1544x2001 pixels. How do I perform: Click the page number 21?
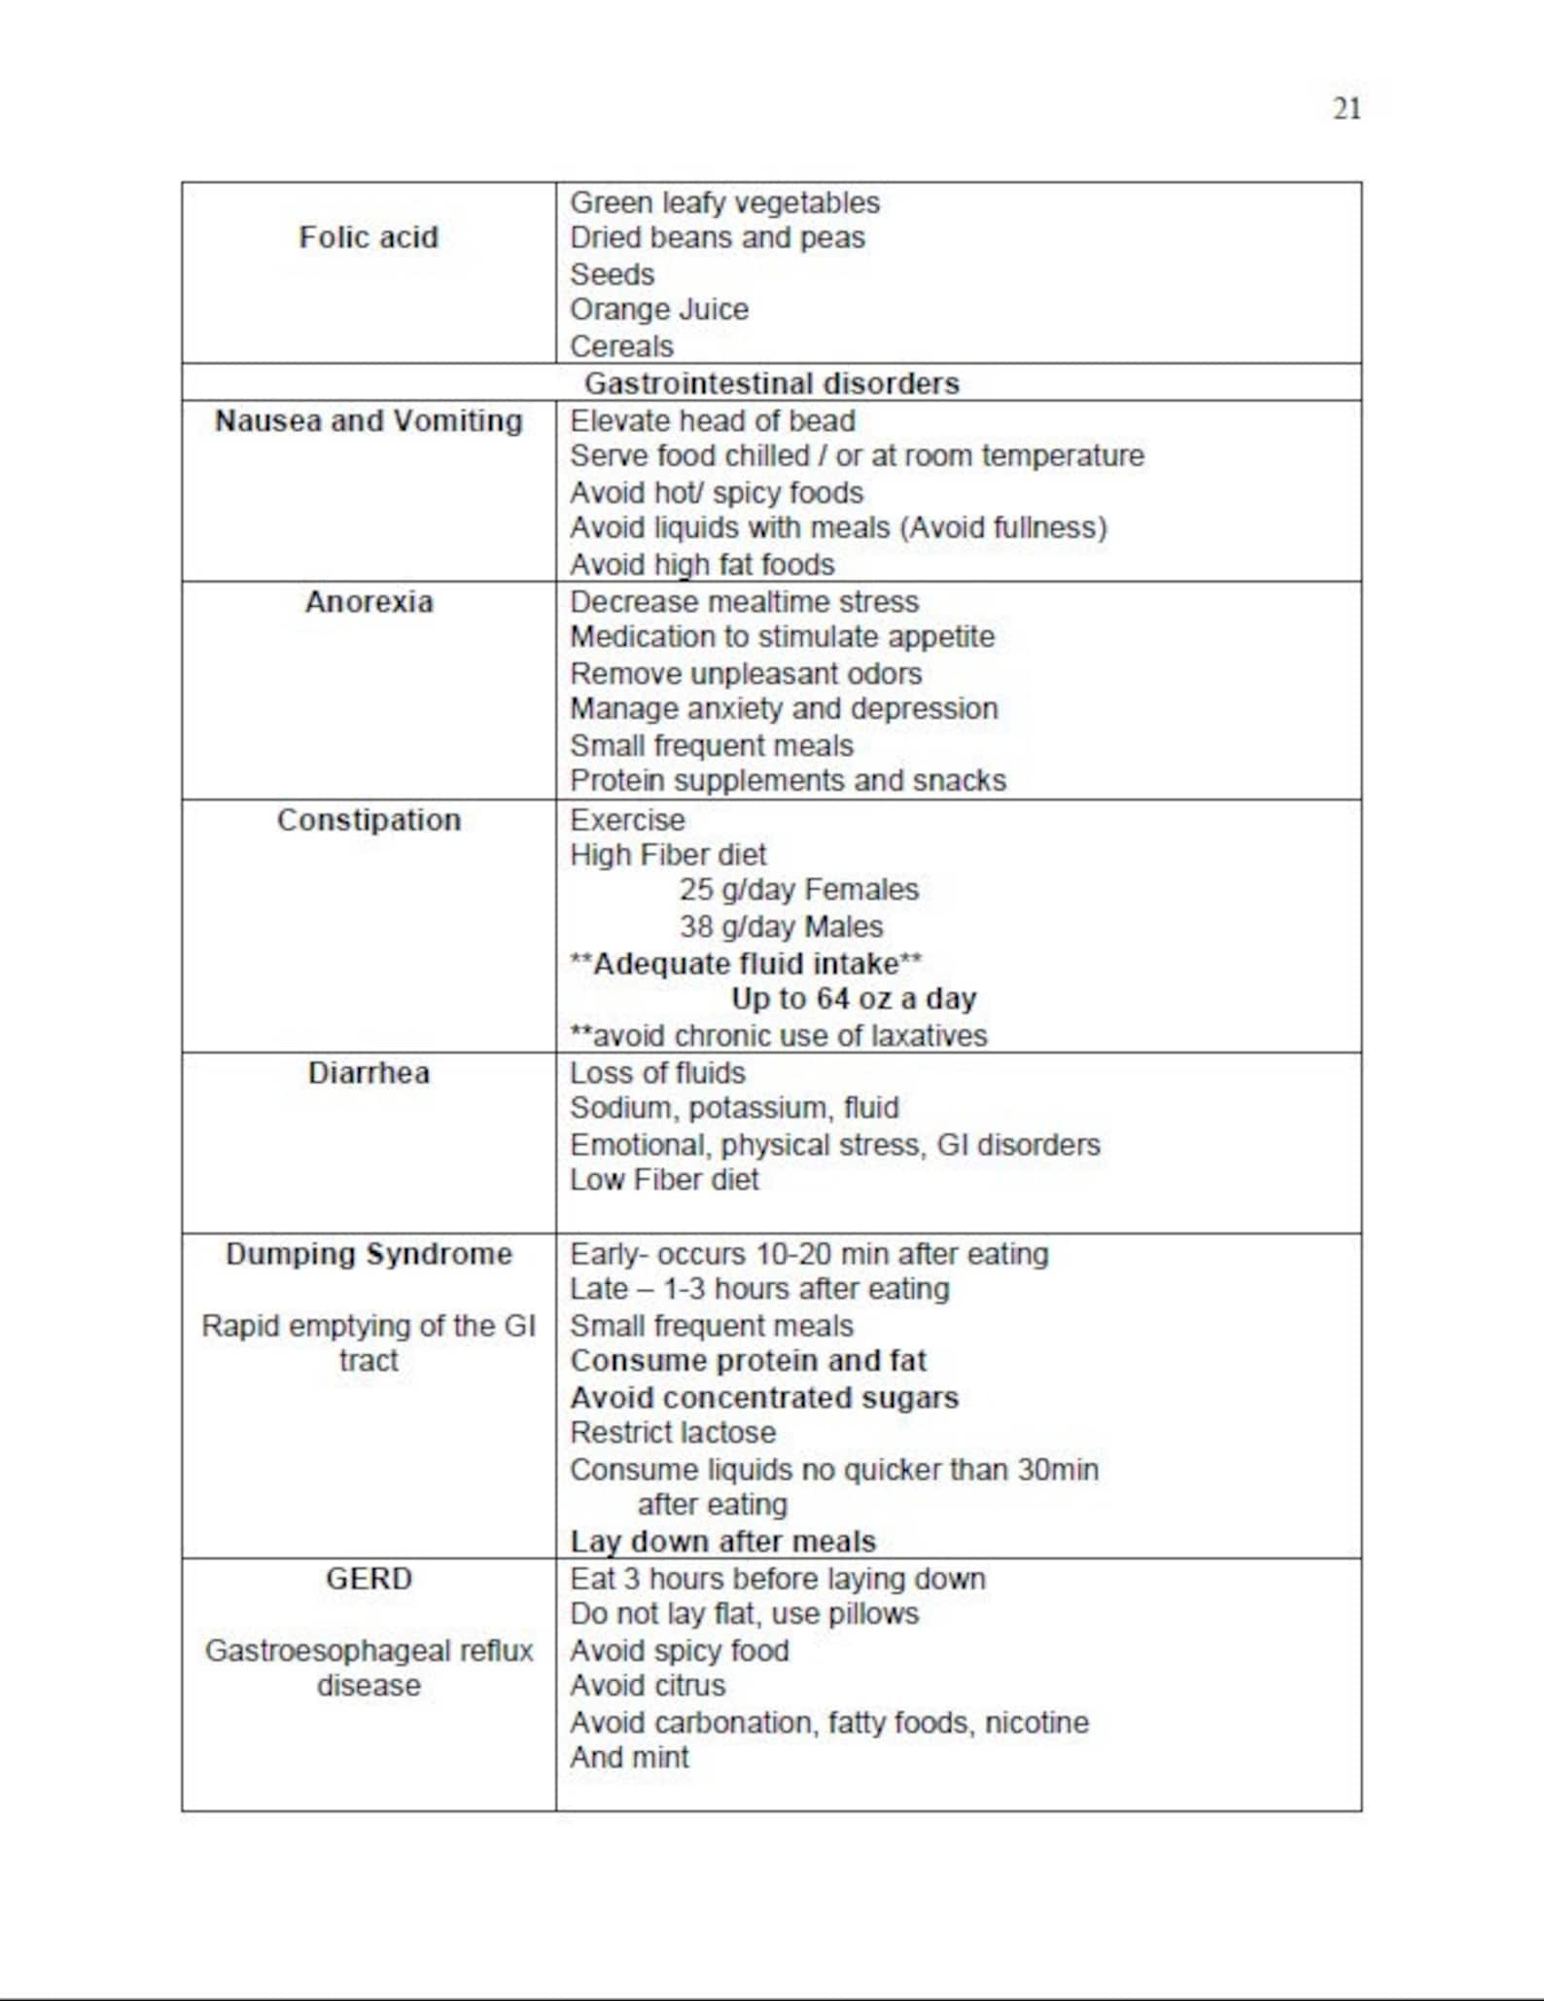coord(1346,108)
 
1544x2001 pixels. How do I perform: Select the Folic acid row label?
coord(368,237)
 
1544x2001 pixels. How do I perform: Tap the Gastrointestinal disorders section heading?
coord(771,383)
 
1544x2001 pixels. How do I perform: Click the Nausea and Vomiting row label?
coord(368,421)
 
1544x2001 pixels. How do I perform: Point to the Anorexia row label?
coord(368,602)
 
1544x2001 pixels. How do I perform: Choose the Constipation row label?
coord(368,820)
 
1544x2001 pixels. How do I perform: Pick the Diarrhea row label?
coord(368,1073)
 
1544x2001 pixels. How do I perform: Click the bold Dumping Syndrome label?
coord(368,1254)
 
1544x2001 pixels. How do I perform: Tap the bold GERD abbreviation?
coord(368,1579)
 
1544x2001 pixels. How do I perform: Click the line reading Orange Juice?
coord(658,310)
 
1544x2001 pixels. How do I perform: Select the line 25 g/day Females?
coord(798,890)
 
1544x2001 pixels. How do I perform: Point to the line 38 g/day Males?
coord(781,926)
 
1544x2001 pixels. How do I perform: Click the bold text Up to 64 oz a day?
coord(853,999)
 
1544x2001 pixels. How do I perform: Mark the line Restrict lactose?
coord(673,1433)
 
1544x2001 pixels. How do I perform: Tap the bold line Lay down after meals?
coord(722,1542)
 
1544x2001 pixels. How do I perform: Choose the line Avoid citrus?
coord(648,1686)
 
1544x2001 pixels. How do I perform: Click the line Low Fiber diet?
coord(664,1180)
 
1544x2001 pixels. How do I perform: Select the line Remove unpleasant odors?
coord(746,674)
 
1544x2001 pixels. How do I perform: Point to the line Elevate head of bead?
coord(713,421)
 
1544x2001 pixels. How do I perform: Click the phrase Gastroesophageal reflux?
coord(368,1651)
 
